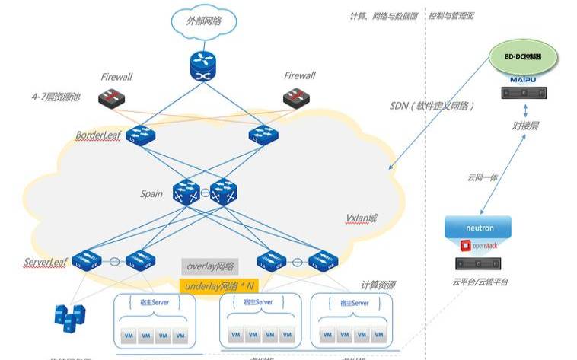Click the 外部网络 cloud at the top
[204, 21]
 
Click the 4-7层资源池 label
[59, 98]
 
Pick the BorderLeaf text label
[98, 135]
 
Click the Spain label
[151, 193]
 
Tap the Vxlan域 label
[362, 218]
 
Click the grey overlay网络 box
[210, 267]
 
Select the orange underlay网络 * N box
[218, 285]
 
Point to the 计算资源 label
[378, 285]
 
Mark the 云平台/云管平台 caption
[477, 282]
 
